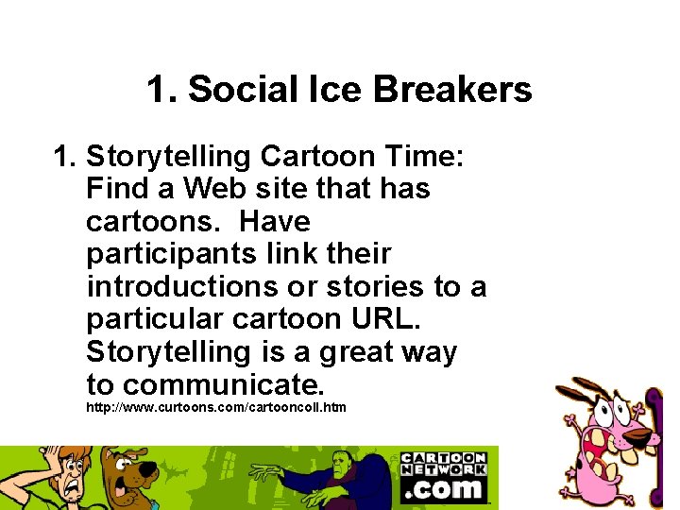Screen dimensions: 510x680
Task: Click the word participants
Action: coord(160,254)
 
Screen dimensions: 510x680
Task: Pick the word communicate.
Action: coord(223,384)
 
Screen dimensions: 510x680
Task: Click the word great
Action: coord(364,352)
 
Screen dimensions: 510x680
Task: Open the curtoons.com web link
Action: coord(216,407)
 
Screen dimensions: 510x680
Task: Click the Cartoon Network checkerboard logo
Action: coord(443,464)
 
